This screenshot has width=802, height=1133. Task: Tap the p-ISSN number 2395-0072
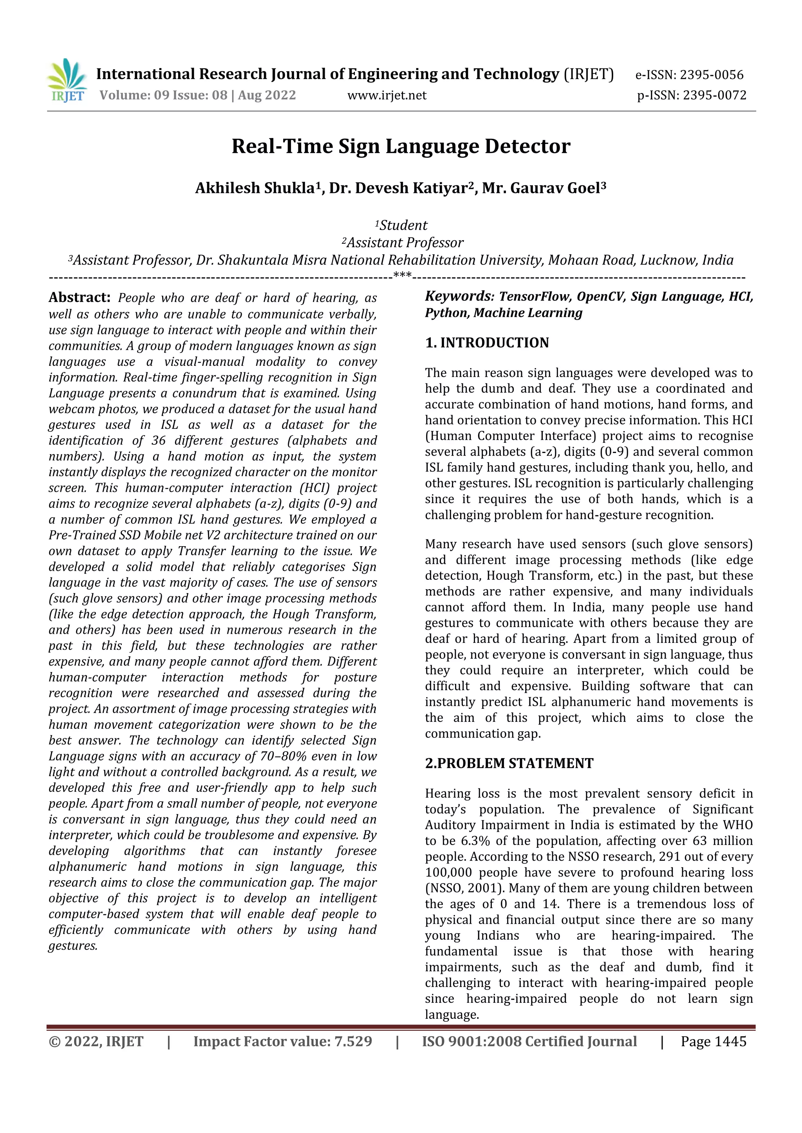pos(715,95)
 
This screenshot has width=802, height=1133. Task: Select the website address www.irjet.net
pos(387,95)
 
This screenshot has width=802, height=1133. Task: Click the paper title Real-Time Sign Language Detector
pos(401,147)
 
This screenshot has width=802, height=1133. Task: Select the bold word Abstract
pos(79,298)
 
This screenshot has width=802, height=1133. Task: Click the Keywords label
pos(459,296)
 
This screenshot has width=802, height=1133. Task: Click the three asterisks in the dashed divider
pos(403,276)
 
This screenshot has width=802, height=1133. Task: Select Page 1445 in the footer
pos(713,1042)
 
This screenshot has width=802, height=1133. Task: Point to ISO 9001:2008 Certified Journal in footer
pos(529,1042)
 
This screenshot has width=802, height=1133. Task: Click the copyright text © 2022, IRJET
pos(96,1042)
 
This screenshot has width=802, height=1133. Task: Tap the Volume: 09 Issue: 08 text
pos(163,95)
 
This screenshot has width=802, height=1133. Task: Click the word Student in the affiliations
pos(403,225)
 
